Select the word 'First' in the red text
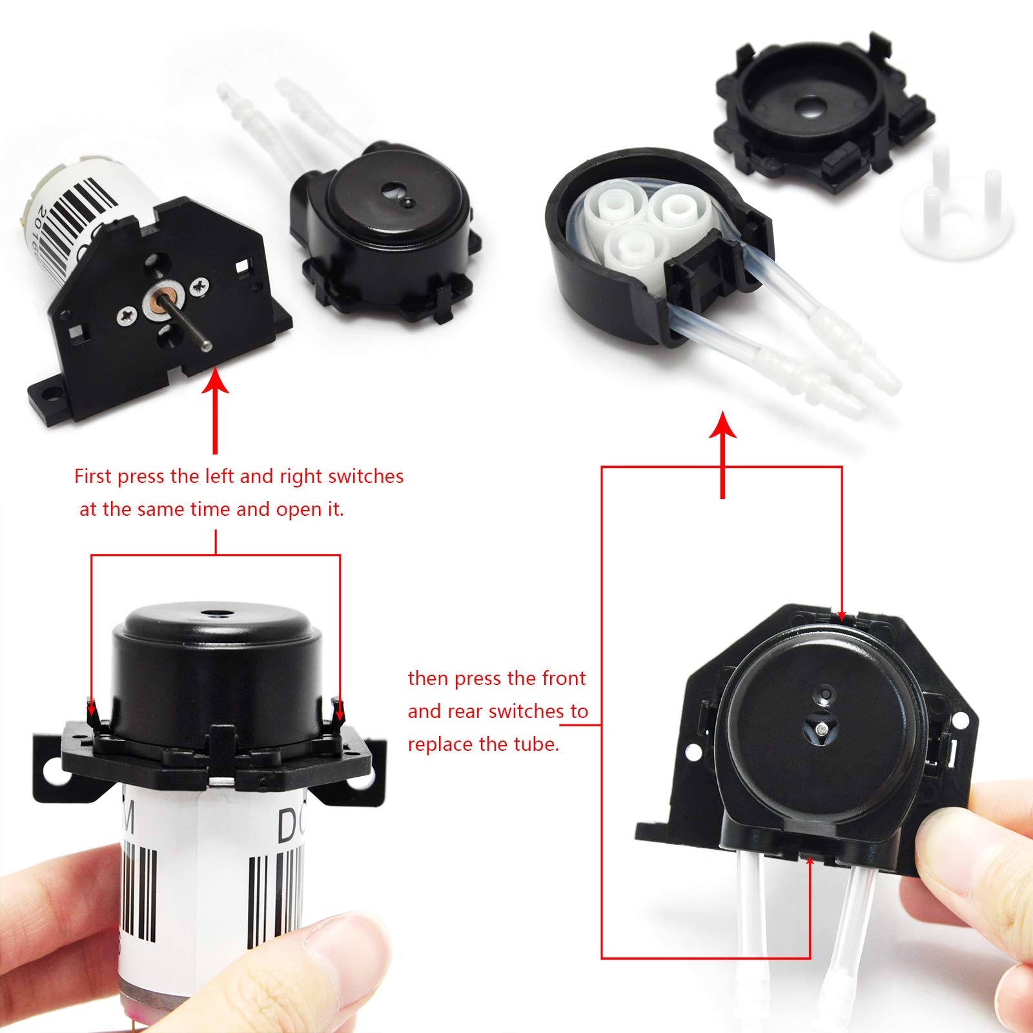[x=93, y=476]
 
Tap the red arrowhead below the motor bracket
[x=216, y=381]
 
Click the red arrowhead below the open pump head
[x=722, y=426]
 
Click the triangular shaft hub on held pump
[x=820, y=730]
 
